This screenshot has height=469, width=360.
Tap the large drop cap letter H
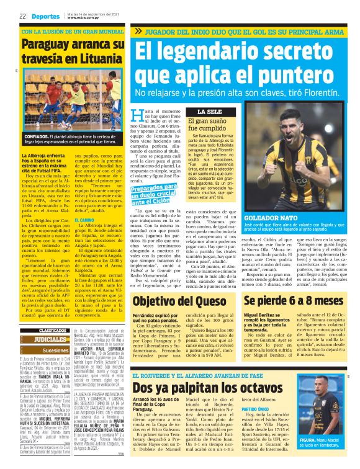138,117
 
